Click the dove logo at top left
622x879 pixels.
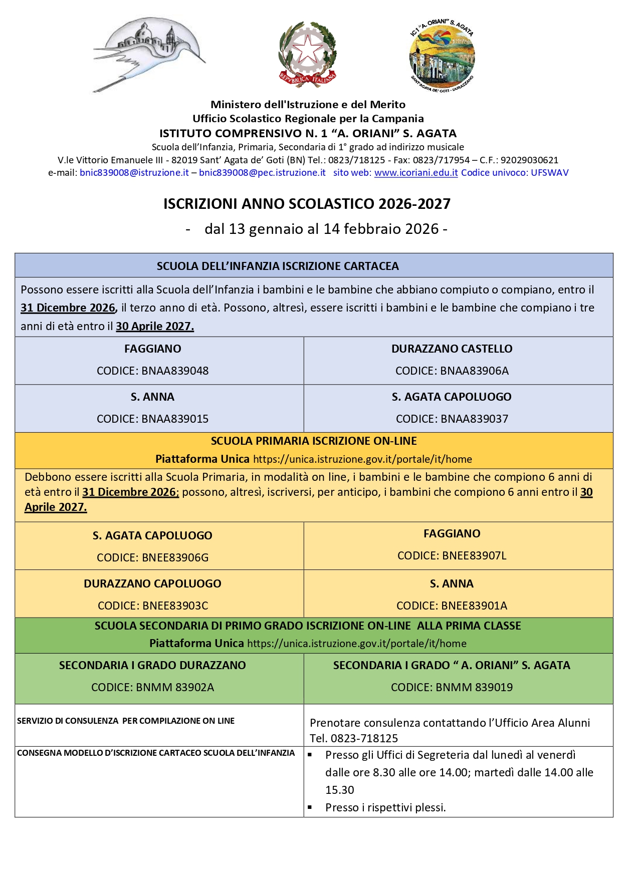pos(149,54)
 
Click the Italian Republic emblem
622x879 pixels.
pos(307,55)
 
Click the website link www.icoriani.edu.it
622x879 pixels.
pos(416,173)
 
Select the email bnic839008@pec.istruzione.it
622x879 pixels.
pos(262,173)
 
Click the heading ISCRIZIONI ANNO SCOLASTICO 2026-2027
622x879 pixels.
pos(307,204)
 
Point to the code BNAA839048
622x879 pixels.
pos(175,371)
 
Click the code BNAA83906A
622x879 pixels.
pos(474,371)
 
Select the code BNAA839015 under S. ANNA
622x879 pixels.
pos(175,419)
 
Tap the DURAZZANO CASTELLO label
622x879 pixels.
pos(452,349)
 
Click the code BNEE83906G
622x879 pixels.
pos(175,558)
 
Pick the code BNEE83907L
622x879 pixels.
pos(475,556)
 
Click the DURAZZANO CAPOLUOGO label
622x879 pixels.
pos(152,584)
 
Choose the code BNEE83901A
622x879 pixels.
pos(475,606)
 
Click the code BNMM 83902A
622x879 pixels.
pos(175,688)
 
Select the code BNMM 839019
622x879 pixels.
pos(474,688)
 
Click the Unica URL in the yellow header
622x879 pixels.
pos(362,460)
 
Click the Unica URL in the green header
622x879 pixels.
pos(357,644)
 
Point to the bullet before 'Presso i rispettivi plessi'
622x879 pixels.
pos(310,807)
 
